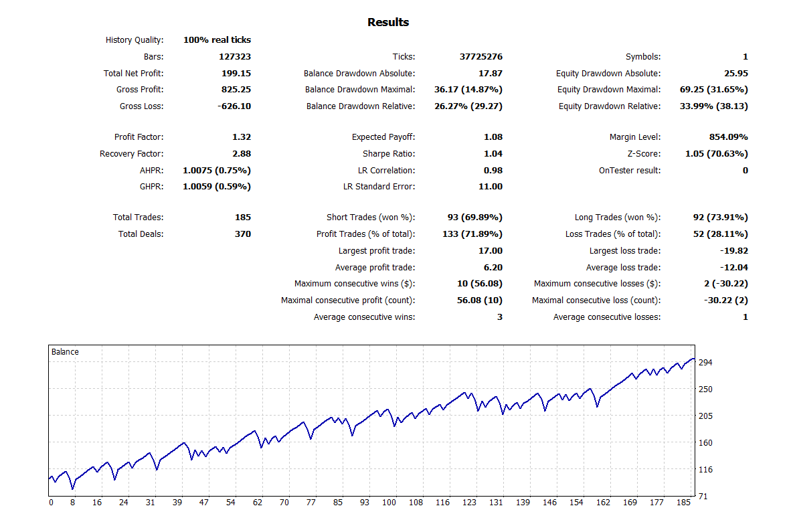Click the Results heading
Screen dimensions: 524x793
pos(388,23)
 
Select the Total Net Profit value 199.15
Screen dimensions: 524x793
pos(236,74)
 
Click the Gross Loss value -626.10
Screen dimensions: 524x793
pos(234,106)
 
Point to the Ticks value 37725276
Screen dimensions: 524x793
pos(480,57)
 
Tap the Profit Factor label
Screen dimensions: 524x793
pos(139,137)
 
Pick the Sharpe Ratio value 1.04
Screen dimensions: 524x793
pos(493,154)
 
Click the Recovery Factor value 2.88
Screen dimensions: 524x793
pos(242,154)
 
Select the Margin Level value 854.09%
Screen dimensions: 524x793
pos(728,137)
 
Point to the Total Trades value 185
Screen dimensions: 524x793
pos(243,217)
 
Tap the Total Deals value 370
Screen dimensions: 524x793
pos(243,234)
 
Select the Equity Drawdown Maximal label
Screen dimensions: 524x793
pos(609,90)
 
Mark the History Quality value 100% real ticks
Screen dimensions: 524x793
pos(217,40)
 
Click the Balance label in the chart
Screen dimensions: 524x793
pos(65,352)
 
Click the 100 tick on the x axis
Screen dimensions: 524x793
pos(389,503)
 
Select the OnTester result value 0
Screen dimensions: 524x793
pos(745,171)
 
